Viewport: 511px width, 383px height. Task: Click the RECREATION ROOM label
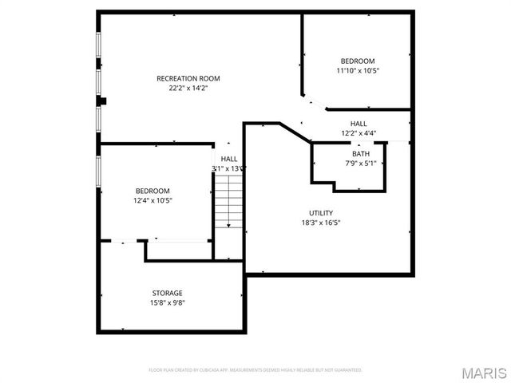(x=188, y=78)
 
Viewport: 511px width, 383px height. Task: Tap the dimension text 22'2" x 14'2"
(x=188, y=89)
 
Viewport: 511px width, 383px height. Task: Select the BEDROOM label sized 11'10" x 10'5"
(x=357, y=61)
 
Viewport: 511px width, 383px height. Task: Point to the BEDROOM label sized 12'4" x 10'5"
(x=152, y=191)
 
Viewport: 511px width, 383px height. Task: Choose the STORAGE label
(x=168, y=293)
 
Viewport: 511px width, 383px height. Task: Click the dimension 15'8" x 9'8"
(x=168, y=303)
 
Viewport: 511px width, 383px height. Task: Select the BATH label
(x=361, y=154)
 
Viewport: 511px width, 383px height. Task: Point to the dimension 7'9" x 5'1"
(x=361, y=164)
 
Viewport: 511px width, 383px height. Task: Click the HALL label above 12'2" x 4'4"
(x=358, y=124)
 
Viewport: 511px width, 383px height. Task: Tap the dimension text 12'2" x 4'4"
(x=358, y=133)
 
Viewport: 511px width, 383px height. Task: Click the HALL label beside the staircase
(x=229, y=159)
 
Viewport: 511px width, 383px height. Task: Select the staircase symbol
(x=229, y=203)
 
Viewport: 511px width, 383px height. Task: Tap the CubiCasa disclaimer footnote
(x=255, y=370)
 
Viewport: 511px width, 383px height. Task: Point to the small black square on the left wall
(x=102, y=101)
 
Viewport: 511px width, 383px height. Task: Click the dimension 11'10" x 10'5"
(x=357, y=71)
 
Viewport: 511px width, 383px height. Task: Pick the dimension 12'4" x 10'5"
(x=152, y=200)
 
